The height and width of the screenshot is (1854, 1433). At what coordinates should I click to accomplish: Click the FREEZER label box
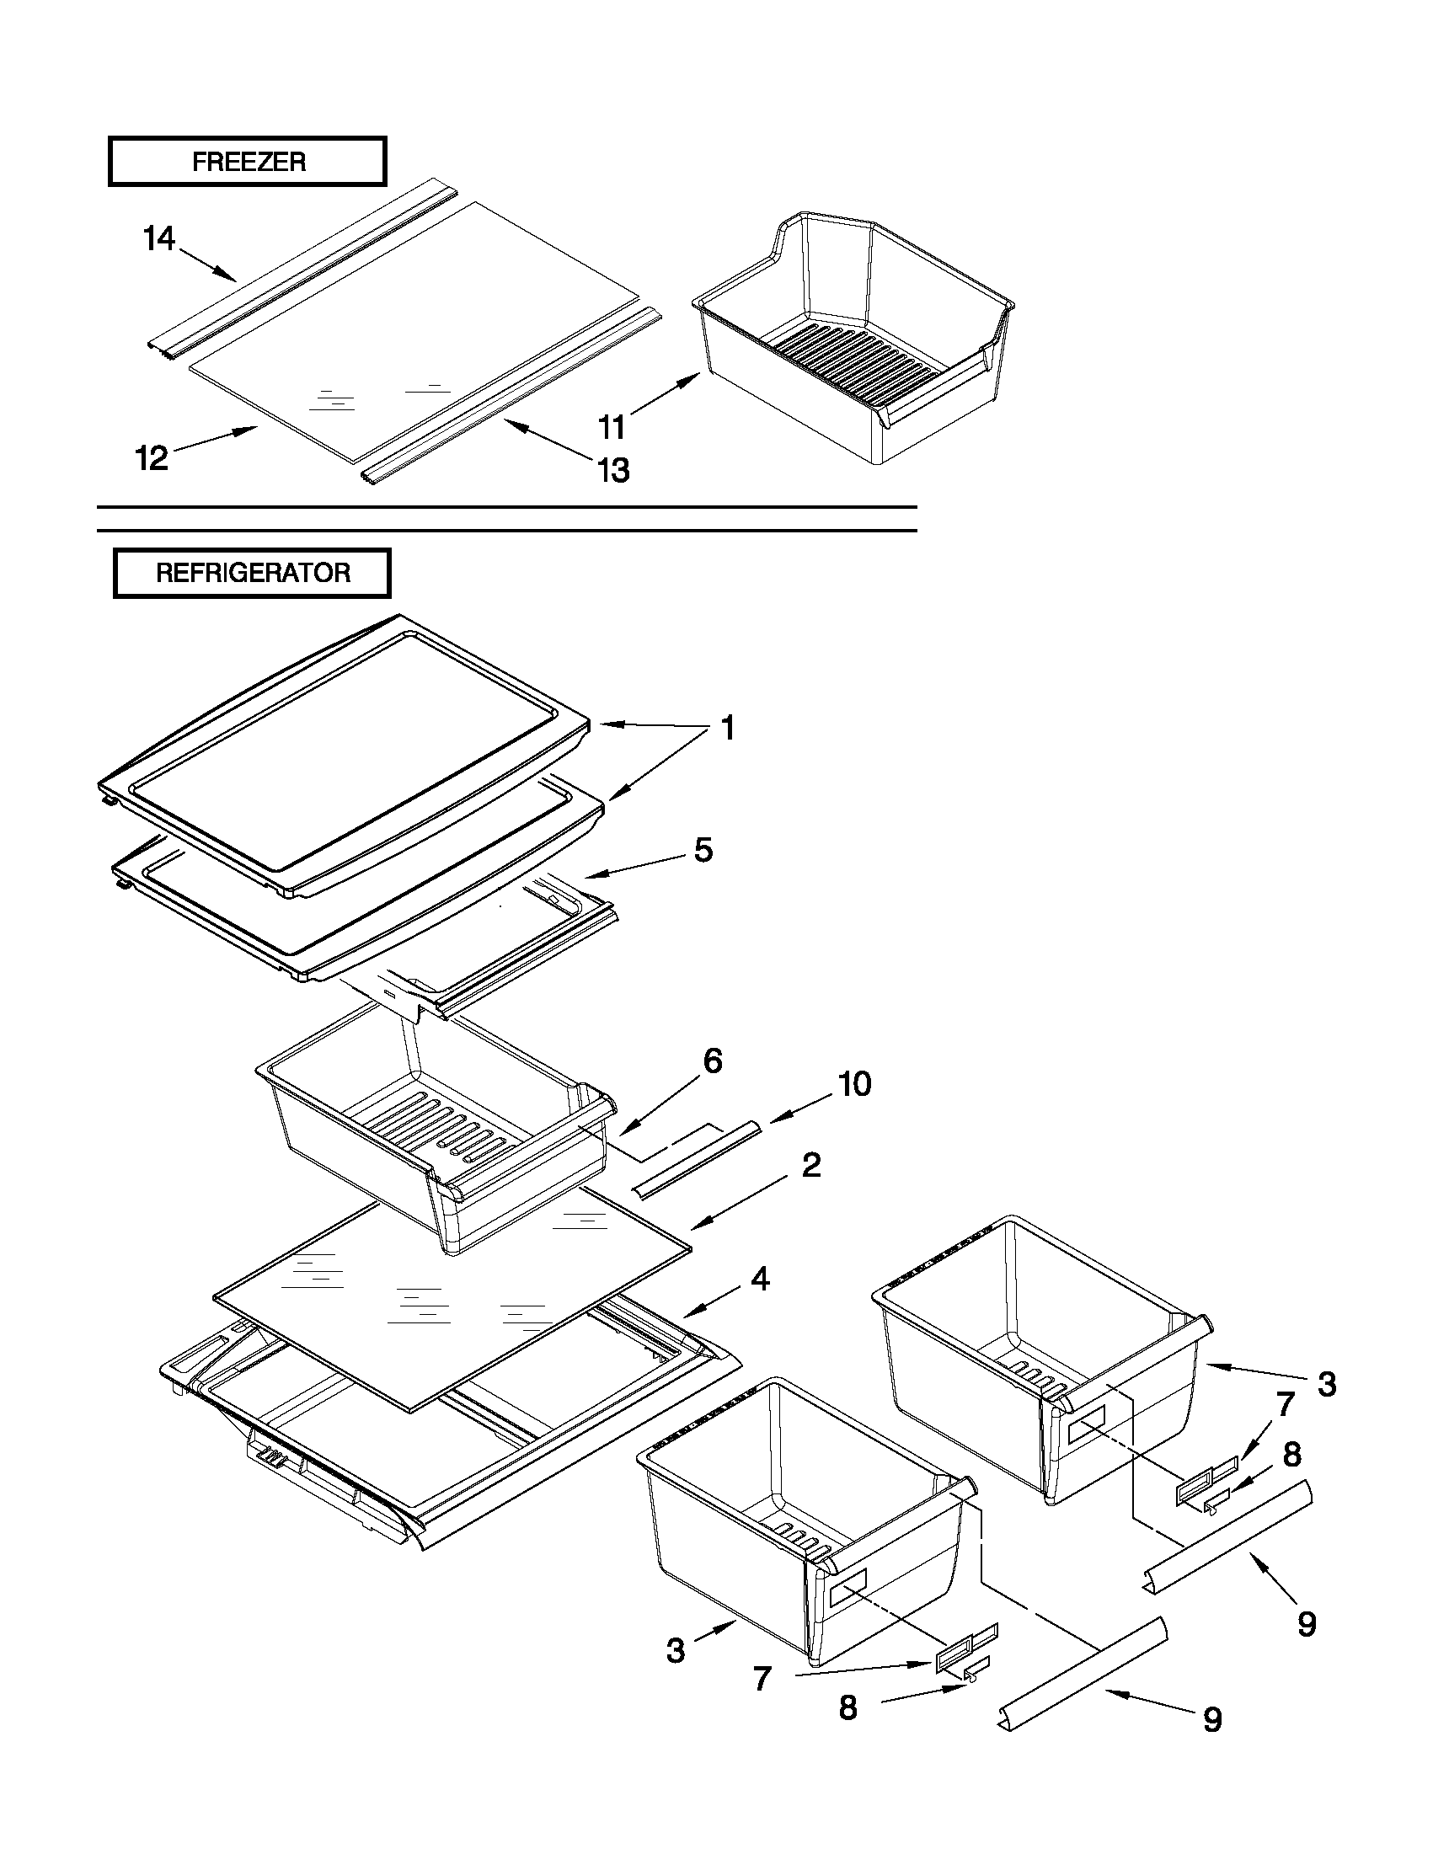click(x=247, y=161)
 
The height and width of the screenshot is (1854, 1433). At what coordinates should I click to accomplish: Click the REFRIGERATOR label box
click(x=252, y=573)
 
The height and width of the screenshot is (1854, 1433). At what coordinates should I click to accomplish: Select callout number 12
click(x=152, y=459)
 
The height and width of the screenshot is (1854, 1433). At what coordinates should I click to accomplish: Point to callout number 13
click(x=614, y=469)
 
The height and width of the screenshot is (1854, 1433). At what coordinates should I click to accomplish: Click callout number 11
click(x=612, y=427)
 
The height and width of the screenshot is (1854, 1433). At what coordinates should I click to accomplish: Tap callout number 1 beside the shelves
click(x=728, y=729)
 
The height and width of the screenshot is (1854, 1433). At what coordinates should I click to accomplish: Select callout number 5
click(x=703, y=850)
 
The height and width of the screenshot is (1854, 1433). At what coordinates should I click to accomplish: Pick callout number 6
click(x=712, y=1061)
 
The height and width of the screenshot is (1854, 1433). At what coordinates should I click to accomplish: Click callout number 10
click(x=854, y=1084)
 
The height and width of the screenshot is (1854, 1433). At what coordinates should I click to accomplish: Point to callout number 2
click(x=810, y=1165)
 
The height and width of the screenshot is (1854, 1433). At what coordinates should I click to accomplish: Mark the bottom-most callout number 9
click(x=1212, y=1720)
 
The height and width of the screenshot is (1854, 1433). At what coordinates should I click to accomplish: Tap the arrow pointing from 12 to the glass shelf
click(x=217, y=440)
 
